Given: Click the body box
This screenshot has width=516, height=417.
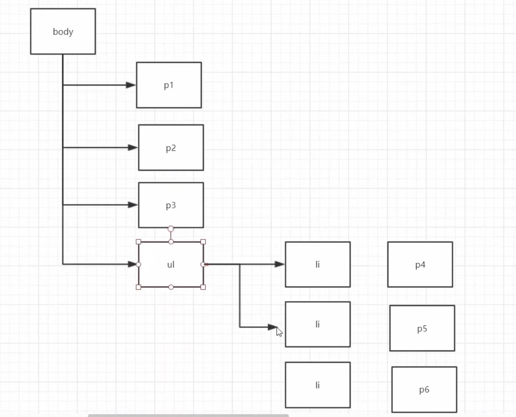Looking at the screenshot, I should pyautogui.click(x=63, y=31).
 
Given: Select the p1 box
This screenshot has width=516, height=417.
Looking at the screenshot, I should pyautogui.click(x=169, y=85).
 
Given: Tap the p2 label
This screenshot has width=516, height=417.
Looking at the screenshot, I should pyautogui.click(x=171, y=148).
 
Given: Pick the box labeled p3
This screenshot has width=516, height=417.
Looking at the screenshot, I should pyautogui.click(x=171, y=205).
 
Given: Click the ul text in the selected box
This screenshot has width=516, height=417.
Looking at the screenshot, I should pyautogui.click(x=171, y=265).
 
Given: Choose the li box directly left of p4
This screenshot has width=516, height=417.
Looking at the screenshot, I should pyautogui.click(x=318, y=265).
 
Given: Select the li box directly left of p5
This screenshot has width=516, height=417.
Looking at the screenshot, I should pyautogui.click(x=318, y=324).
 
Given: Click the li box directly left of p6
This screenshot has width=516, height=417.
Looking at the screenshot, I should pyautogui.click(x=318, y=385).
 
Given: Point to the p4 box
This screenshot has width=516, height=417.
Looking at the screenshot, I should pyautogui.click(x=420, y=265).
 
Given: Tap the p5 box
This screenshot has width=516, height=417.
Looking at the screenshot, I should pyautogui.click(x=422, y=328).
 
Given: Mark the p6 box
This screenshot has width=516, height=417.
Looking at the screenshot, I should pyautogui.click(x=424, y=390).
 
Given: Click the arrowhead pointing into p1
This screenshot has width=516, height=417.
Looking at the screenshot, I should pyautogui.click(x=131, y=85).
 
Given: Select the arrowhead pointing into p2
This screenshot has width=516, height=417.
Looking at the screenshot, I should pyautogui.click(x=133, y=147).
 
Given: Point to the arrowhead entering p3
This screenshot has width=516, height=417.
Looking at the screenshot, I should pyautogui.click(x=133, y=205).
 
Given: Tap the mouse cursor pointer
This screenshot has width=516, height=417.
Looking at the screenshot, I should pyautogui.click(x=279, y=332).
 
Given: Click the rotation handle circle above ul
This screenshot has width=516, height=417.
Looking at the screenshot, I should pyautogui.click(x=171, y=229).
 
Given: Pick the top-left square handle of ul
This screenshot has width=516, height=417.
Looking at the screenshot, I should pyautogui.click(x=138, y=241).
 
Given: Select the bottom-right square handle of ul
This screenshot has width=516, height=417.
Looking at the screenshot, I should pyautogui.click(x=203, y=287).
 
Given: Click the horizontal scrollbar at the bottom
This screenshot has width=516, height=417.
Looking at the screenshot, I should pyautogui.click(x=188, y=415).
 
